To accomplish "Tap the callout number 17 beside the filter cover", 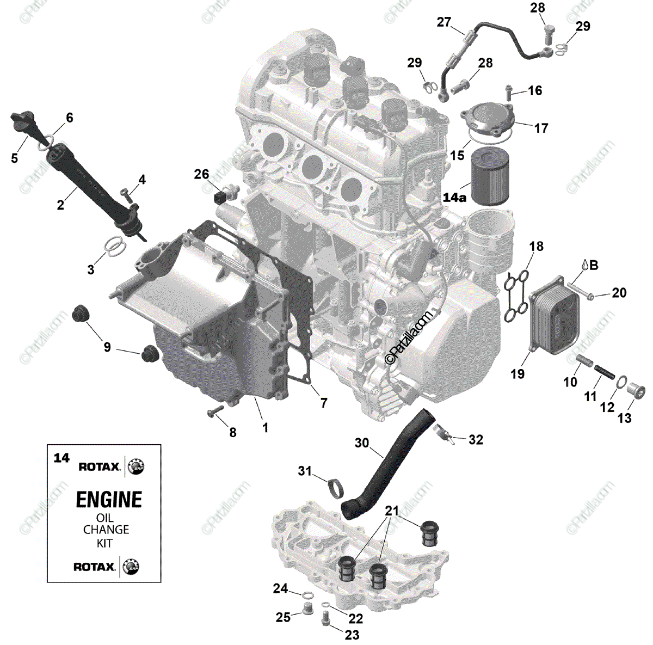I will pyautogui.click(x=541, y=128).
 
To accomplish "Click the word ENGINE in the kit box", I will pyautogui.click(x=109, y=499).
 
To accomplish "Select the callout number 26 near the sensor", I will pyautogui.click(x=201, y=174).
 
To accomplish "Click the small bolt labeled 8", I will pyautogui.click(x=215, y=410).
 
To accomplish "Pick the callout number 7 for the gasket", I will pyautogui.click(x=324, y=403).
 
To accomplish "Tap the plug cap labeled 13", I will pyautogui.click(x=636, y=391).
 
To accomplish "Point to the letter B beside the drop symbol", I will pyautogui.click(x=594, y=265).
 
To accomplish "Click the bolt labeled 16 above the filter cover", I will pyautogui.click(x=508, y=91).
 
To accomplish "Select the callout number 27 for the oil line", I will pyautogui.click(x=443, y=22).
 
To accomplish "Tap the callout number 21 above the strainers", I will pyautogui.click(x=392, y=511).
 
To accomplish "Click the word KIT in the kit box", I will pyautogui.click(x=105, y=543).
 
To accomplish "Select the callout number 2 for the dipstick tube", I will pyautogui.click(x=60, y=205).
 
